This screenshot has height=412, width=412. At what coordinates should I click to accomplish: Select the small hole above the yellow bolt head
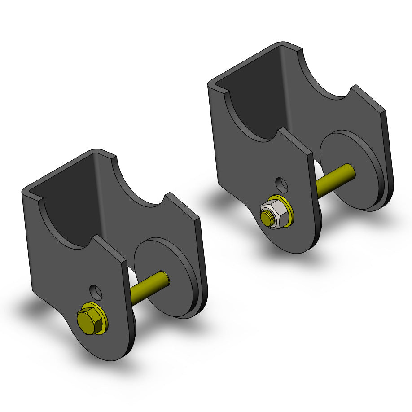(96, 292)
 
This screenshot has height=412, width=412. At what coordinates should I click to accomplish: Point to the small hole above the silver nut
(282, 184)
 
